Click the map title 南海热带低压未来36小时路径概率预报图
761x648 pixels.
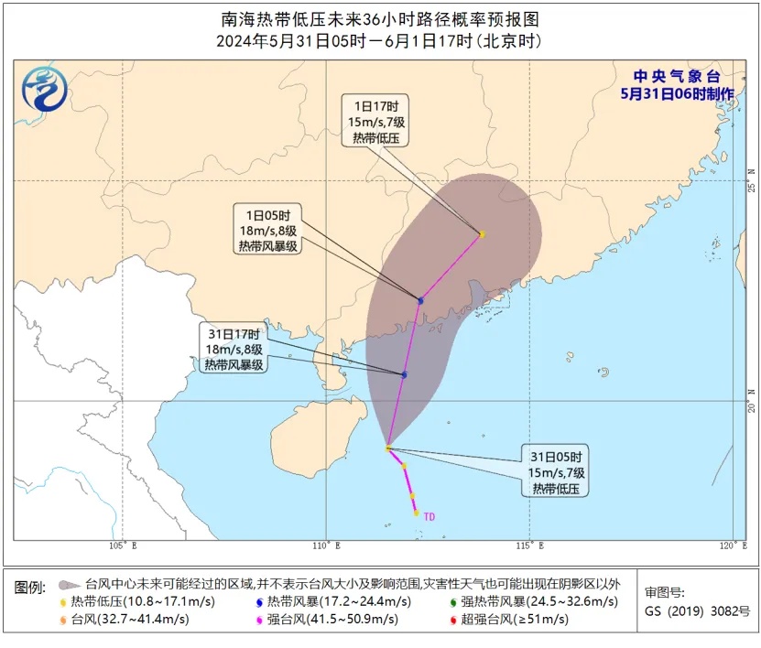tap(380, 18)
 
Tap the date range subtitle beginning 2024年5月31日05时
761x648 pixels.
tap(380, 41)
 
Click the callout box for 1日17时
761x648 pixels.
tap(375, 119)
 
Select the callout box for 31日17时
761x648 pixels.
tap(234, 349)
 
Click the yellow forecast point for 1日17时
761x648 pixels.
tap(482, 234)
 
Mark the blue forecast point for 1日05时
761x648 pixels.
tap(421, 300)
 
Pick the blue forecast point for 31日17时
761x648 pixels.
tap(404, 374)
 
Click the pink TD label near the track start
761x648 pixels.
tap(429, 517)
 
